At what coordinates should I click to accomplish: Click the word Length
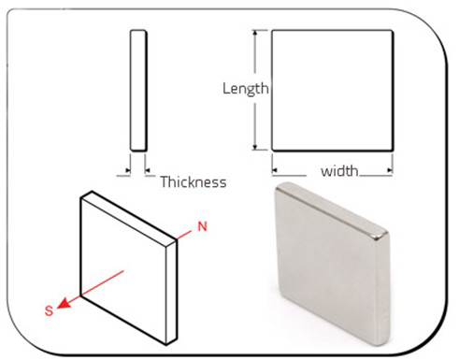tap(246, 89)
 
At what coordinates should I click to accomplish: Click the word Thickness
tap(194, 181)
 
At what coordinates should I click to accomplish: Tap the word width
tap(339, 171)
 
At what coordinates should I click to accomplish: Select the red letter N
tap(203, 226)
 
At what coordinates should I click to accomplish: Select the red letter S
tap(50, 310)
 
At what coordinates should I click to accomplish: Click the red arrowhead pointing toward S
tap(64, 303)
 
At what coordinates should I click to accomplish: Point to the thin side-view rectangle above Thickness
tap(138, 91)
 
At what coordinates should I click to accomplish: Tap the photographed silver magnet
tap(332, 264)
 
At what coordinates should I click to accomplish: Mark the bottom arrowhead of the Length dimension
tap(255, 147)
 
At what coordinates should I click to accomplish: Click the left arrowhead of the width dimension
tap(275, 170)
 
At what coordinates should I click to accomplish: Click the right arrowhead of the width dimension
tap(390, 170)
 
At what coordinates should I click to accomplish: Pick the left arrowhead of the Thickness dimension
tap(127, 170)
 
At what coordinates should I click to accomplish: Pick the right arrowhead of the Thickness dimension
tap(148, 170)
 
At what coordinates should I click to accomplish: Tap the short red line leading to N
tap(184, 236)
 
